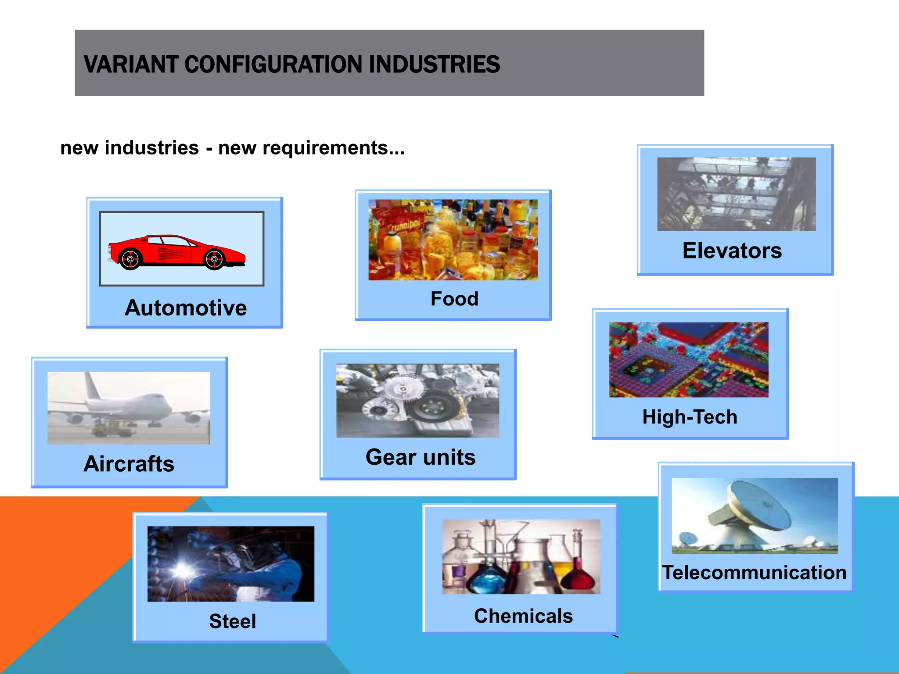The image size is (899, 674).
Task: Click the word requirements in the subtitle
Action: click(324, 148)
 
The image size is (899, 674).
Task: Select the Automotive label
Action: click(186, 308)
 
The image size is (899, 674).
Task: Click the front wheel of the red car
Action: click(214, 259)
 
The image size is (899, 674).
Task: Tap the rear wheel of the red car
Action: click(130, 259)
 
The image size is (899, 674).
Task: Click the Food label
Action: click(454, 299)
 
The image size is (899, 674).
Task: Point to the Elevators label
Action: click(732, 251)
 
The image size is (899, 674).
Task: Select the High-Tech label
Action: click(690, 417)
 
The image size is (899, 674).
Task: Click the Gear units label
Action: click(421, 457)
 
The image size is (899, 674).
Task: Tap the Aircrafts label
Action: click(129, 464)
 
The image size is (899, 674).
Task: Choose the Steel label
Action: click(233, 621)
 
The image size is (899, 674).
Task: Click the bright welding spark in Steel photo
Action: click(181, 570)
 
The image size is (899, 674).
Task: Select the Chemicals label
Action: click(523, 616)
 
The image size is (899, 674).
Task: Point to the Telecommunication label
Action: click(755, 573)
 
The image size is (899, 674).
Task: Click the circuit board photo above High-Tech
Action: click(688, 360)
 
